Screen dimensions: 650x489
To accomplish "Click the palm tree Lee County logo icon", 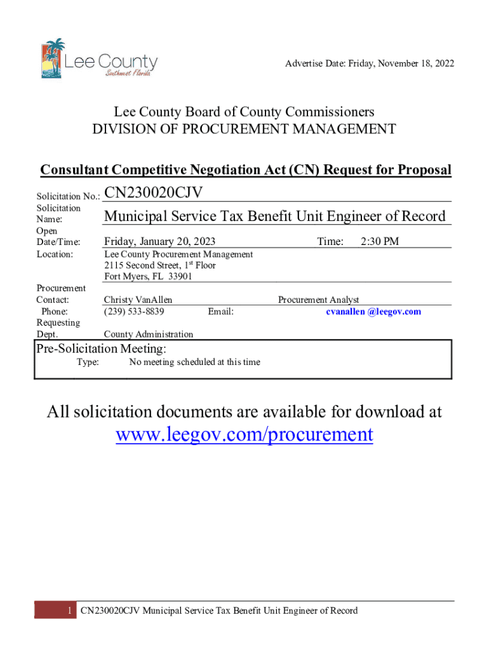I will point(53,58).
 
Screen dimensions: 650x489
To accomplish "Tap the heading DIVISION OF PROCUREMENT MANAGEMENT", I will point(245,129).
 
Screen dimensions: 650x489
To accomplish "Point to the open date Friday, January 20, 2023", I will point(160,241).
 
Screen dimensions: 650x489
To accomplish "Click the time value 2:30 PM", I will point(379,241).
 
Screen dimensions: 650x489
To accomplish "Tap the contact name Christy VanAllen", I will point(138,300).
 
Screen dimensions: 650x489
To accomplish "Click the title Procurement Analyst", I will point(318,300).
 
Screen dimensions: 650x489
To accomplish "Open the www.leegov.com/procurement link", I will point(244,435).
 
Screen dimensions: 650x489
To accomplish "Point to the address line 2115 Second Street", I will point(160,265).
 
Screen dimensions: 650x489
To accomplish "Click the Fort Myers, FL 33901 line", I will point(148,277).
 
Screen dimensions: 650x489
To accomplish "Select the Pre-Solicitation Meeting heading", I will point(101,348).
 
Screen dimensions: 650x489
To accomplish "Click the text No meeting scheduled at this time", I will point(194,362).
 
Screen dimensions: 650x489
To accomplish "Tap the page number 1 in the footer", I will point(69,611).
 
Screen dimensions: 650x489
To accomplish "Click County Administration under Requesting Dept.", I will point(149,335).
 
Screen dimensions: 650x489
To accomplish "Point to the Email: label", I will point(220,312).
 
